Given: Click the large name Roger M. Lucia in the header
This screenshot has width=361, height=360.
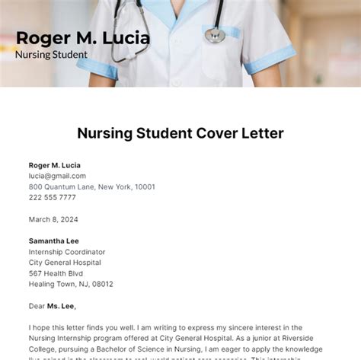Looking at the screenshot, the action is [x=83, y=37].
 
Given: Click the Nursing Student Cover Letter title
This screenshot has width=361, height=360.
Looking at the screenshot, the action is [x=180, y=133].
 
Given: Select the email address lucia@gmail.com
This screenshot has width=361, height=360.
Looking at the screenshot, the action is [x=58, y=176].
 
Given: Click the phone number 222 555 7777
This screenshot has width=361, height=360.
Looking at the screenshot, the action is [x=53, y=197].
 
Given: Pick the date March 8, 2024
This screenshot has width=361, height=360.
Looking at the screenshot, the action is [x=53, y=219].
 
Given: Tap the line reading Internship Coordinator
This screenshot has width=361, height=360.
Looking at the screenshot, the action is [x=67, y=252].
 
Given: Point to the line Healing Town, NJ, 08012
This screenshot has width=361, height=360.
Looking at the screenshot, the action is [x=71, y=284].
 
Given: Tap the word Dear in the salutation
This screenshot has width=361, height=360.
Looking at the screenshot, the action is [x=37, y=306].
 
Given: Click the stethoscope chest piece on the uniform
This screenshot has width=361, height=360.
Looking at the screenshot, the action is [x=216, y=35].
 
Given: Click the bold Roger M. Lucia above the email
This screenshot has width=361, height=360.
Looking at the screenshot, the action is [x=54, y=165].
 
